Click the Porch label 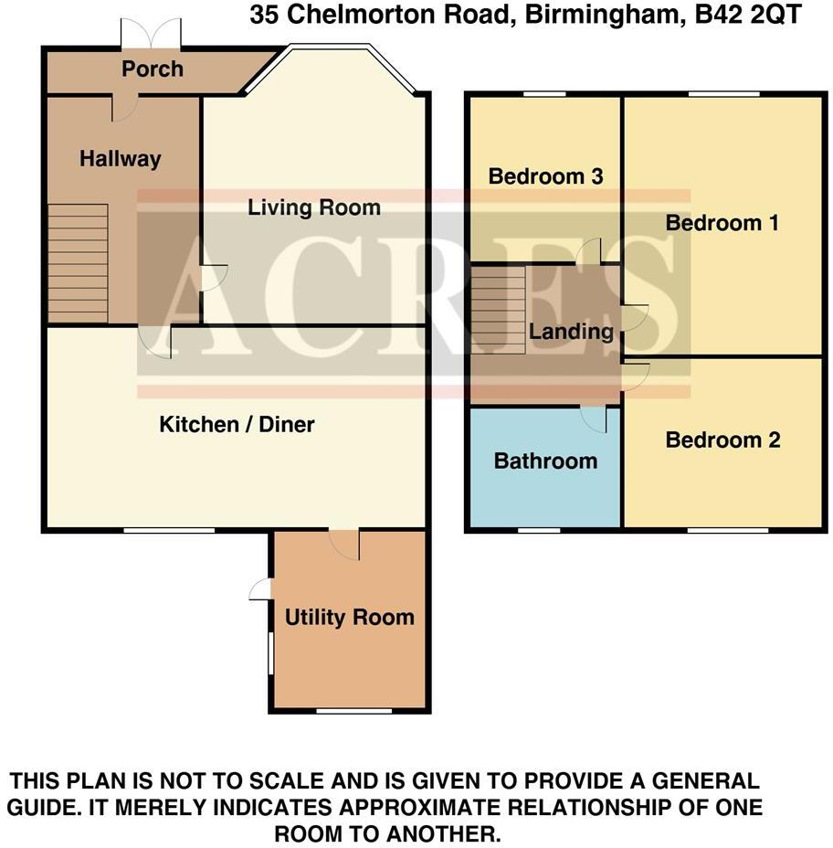tap(153, 69)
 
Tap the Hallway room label tap(120, 159)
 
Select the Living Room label tap(314, 207)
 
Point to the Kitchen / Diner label tap(237, 424)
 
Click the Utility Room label tap(349, 618)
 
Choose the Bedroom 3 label tap(545, 176)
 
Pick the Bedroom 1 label tap(722, 223)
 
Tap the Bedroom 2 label tap(722, 440)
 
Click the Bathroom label tap(545, 461)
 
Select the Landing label tap(571, 332)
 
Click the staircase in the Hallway tap(78, 262)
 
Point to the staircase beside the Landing tap(498, 309)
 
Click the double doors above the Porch tap(152, 36)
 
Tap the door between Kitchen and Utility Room tap(344, 544)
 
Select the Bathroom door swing tap(596, 419)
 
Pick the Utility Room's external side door tap(261, 589)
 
